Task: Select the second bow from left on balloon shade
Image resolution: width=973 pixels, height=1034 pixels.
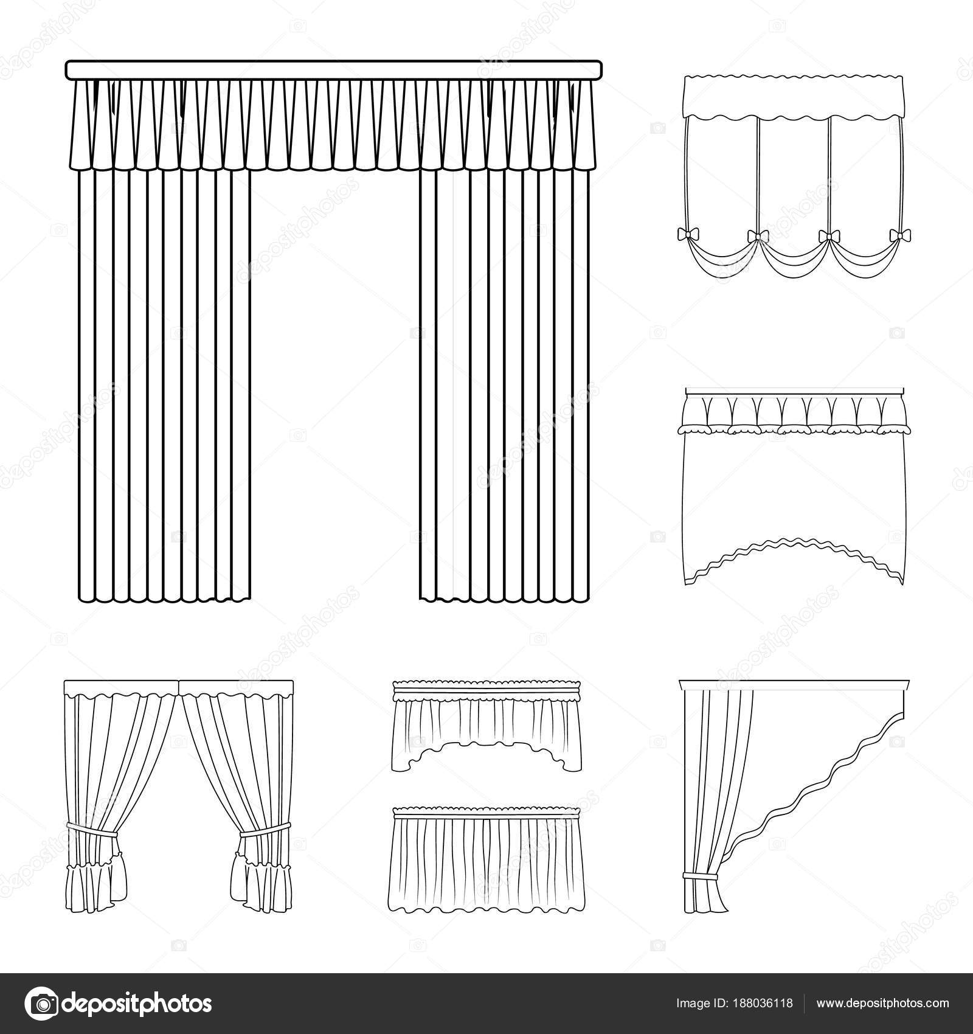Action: tap(757, 235)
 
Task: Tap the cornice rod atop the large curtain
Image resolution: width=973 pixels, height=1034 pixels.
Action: tap(333, 69)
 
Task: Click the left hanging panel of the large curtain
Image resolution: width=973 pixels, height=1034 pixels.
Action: tap(164, 377)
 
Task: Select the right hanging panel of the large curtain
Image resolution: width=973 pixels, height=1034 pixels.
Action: tap(505, 377)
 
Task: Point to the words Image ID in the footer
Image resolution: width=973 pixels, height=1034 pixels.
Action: tap(699, 1003)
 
